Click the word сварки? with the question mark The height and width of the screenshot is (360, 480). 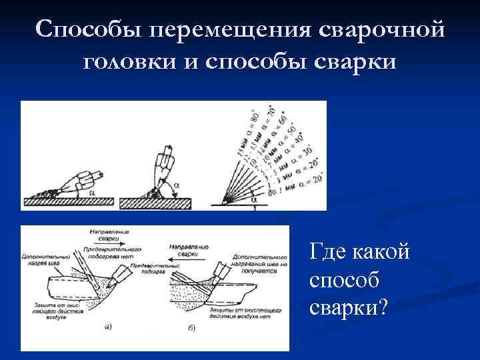348,307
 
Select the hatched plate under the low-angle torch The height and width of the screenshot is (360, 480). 63,200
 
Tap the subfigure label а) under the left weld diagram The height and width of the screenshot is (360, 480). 109,327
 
